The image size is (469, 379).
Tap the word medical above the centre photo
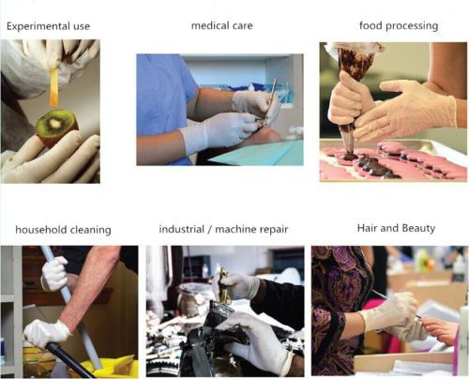[x=206, y=25]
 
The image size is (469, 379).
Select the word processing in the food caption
[x=412, y=26]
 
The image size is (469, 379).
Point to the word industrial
[x=182, y=229]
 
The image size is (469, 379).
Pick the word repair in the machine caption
[x=274, y=230]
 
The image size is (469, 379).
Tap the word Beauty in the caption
[x=418, y=228]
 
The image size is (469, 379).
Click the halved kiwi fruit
[x=56, y=127]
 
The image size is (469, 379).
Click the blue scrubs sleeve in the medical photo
[x=166, y=94]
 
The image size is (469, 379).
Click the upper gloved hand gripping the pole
[x=54, y=273]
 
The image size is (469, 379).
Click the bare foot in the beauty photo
[x=441, y=330]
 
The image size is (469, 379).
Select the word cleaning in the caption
[x=91, y=230]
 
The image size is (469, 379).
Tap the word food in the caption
[x=371, y=25]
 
